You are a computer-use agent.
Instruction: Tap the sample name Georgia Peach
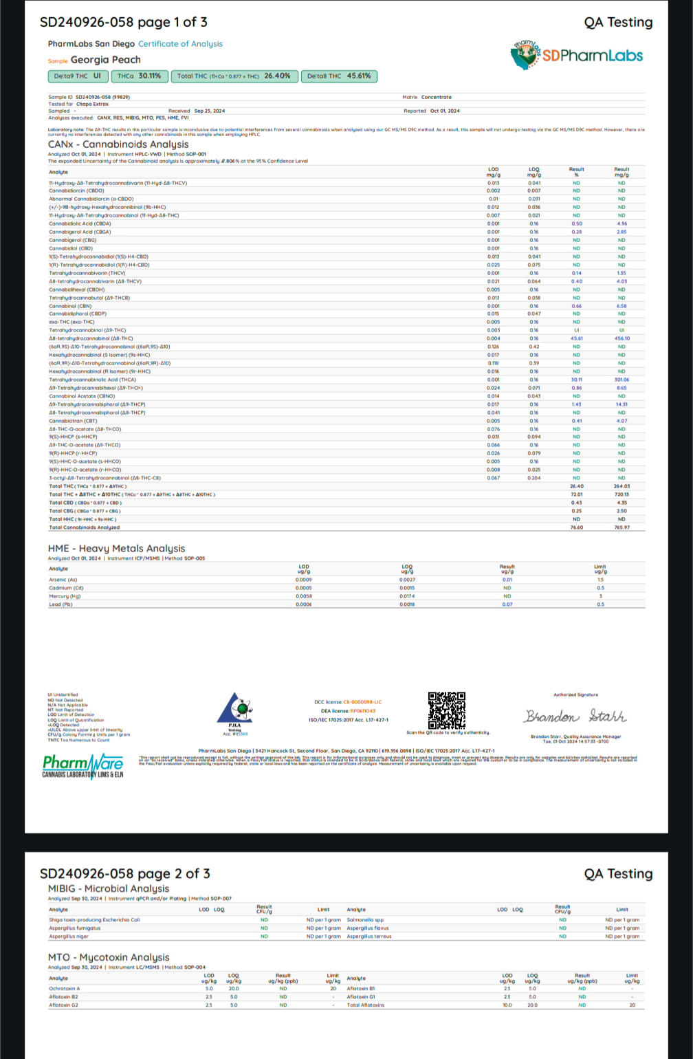tap(105, 60)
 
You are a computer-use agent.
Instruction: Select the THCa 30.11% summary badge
tap(139, 76)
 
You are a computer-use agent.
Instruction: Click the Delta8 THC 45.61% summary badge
tap(339, 76)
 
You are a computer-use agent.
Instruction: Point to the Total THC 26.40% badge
tap(234, 76)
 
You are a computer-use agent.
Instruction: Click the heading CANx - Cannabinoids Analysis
tap(118, 144)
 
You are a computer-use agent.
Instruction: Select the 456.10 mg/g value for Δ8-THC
tap(621, 338)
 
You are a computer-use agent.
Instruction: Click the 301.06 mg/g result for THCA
tap(621, 380)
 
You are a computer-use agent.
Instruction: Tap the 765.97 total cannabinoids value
tap(621, 527)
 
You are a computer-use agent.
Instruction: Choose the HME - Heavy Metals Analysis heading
tap(116, 548)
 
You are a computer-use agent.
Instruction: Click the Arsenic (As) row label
tap(63, 580)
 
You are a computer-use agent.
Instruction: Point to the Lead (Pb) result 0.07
tap(507, 604)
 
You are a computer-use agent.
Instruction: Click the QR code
tap(447, 710)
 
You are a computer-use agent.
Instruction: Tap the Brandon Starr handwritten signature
tap(575, 717)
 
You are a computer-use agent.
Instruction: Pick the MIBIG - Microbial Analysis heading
tap(108, 888)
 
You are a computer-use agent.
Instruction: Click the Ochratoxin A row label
tap(65, 988)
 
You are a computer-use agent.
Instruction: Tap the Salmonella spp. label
tap(365, 919)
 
